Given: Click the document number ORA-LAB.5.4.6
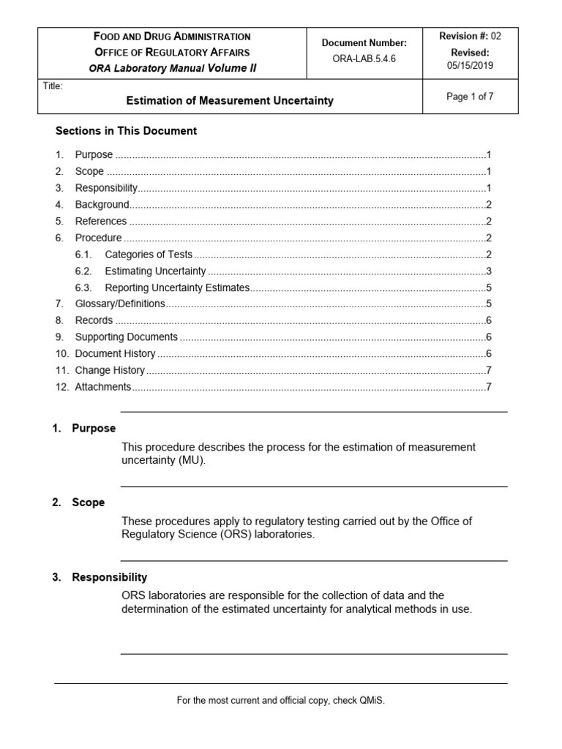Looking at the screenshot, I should coord(364,60).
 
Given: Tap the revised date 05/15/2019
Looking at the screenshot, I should coord(471,65).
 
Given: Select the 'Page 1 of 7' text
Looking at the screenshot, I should coord(471,97).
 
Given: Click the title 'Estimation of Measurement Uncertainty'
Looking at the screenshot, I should coord(231,101).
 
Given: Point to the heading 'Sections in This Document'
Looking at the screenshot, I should coord(127,131).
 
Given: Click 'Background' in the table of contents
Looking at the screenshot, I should coord(102,205).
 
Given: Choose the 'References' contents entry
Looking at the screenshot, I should coord(101,221).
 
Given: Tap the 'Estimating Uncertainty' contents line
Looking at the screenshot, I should coord(155,271).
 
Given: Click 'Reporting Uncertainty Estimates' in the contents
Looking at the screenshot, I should coord(177,287).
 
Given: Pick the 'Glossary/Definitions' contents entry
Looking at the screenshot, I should coord(120,304).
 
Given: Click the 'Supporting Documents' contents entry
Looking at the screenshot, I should coord(126,337).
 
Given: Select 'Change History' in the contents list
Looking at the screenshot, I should coord(110,370).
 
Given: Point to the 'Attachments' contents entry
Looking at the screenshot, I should coord(103,387).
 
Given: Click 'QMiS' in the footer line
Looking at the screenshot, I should coord(370,701).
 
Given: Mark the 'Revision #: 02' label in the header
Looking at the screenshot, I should coord(469,36).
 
